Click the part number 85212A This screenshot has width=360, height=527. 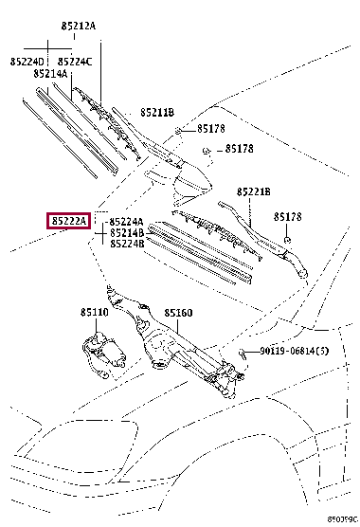tap(79, 26)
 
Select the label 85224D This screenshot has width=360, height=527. tap(27, 62)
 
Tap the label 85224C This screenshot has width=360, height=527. tap(75, 62)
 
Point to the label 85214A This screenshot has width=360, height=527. tap(50, 73)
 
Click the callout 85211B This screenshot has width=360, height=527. tap(157, 112)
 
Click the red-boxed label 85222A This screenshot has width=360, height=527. tap(69, 221)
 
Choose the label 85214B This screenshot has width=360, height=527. tap(127, 232)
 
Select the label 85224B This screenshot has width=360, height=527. tap(127, 244)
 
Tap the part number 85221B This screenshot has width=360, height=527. tap(254, 191)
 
